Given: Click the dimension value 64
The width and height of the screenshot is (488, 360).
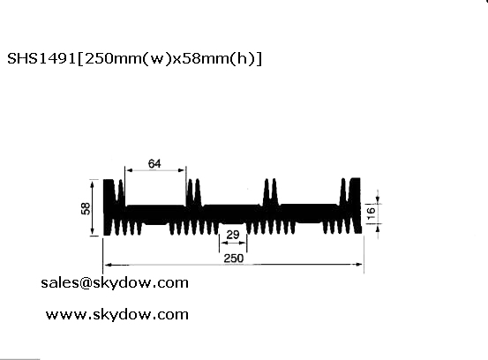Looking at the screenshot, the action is [154, 163].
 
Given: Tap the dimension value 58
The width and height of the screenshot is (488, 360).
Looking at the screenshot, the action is [86, 208].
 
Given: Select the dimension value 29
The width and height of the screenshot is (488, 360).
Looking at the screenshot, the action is [233, 235].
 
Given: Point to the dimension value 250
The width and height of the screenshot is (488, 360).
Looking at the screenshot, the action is [234, 259].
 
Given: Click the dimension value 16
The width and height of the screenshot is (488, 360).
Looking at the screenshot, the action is [372, 214].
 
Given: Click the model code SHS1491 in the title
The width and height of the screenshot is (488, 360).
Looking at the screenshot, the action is [41, 58].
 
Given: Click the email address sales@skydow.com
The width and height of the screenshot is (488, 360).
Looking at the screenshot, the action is [115, 283].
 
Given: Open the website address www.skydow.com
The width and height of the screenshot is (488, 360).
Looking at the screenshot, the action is [117, 314].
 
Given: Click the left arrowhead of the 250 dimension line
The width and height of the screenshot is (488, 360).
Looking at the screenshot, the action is [109, 265].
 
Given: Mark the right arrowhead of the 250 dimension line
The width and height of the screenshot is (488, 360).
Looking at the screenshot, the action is [358, 265].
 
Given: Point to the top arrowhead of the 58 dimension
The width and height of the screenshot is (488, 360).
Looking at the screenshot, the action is [92, 184].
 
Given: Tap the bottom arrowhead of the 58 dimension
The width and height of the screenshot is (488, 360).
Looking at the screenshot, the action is [92, 231].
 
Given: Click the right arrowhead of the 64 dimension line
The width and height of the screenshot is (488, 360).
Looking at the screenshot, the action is [182, 170].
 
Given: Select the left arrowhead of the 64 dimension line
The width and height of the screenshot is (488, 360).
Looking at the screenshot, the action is [130, 170].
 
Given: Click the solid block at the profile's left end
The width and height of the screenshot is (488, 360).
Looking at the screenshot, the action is [109, 207].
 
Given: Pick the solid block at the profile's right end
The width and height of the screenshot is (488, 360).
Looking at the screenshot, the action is [356, 206].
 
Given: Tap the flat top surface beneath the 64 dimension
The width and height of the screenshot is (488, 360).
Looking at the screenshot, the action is [155, 206].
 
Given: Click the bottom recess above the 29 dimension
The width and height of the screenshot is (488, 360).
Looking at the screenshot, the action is [233, 223].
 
